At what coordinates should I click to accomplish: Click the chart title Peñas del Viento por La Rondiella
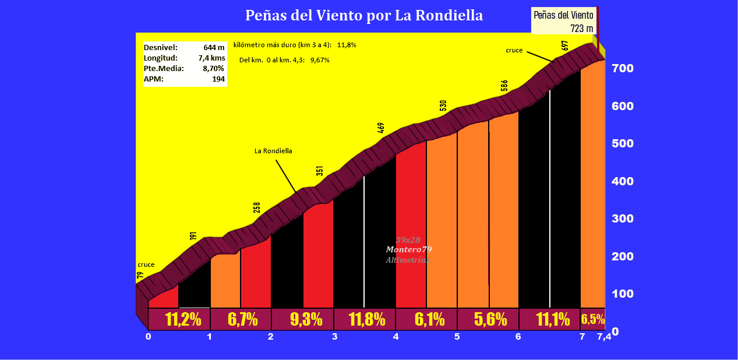click(x=364, y=15)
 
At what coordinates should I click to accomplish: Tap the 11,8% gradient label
click(x=366, y=319)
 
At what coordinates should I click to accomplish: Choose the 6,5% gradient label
click(x=592, y=319)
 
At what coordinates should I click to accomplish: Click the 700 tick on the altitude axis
click(x=622, y=68)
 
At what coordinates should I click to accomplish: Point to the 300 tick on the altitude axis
click(x=622, y=218)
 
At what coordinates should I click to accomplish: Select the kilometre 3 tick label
click(x=334, y=337)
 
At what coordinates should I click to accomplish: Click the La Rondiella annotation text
click(x=273, y=151)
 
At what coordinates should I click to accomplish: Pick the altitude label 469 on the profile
click(x=381, y=128)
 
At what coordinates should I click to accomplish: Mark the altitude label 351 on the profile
click(x=319, y=171)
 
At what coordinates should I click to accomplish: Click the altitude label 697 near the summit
click(x=565, y=45)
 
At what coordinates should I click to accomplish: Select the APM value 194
click(x=218, y=79)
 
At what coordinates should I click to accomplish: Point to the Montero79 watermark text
click(x=409, y=249)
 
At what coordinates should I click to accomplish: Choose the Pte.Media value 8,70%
click(x=214, y=69)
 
